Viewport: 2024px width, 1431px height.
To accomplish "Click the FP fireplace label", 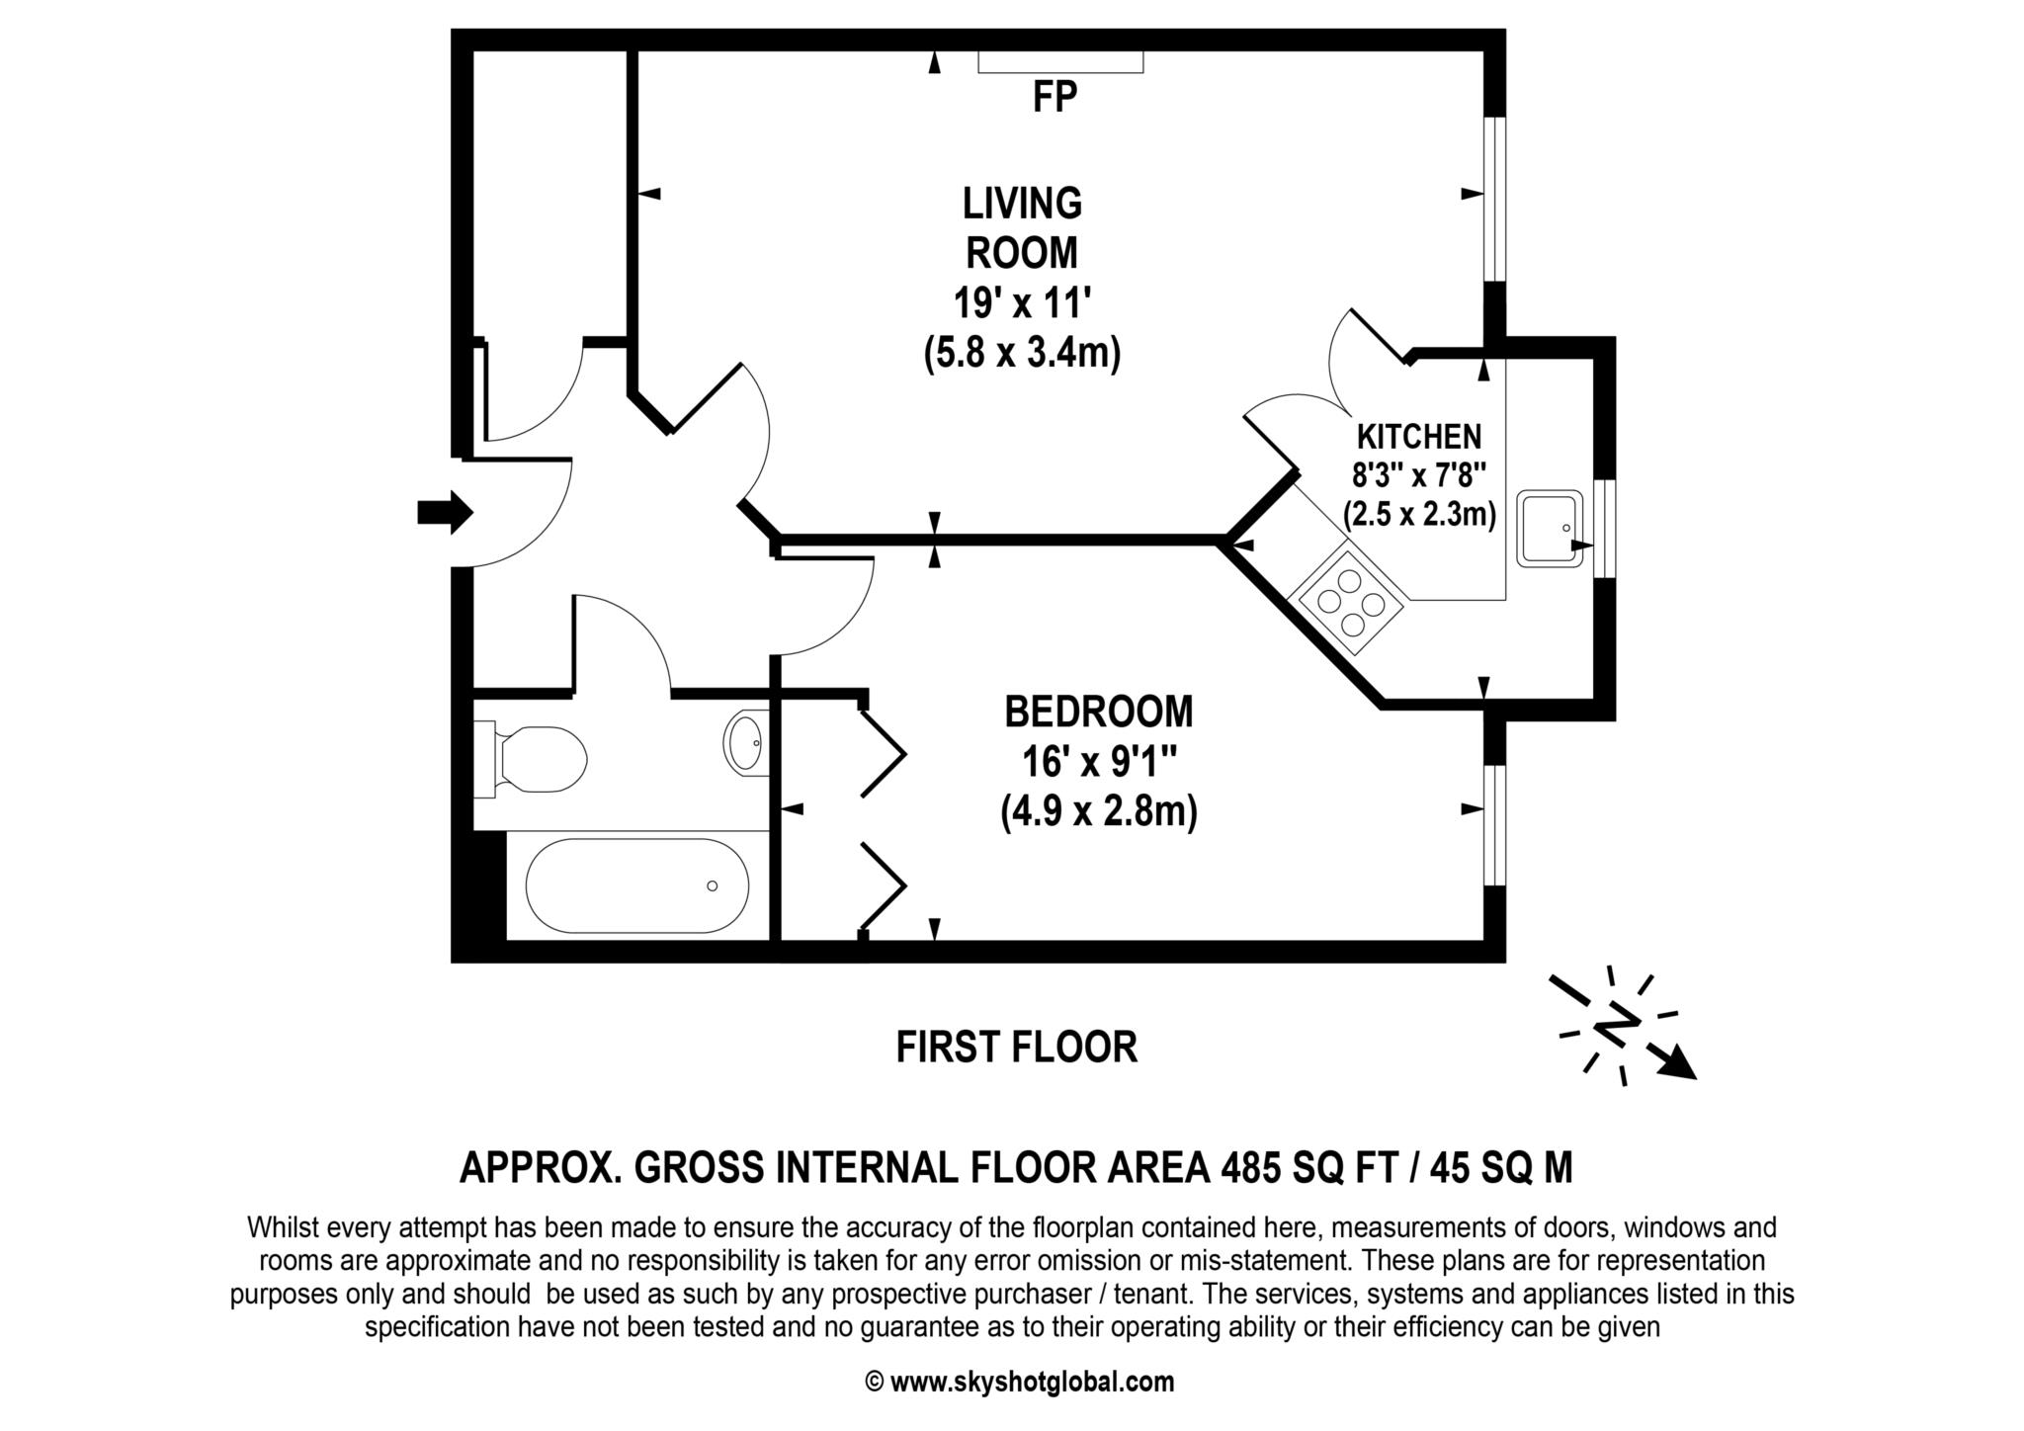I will click(1054, 98).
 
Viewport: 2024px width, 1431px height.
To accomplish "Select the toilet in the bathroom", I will click(534, 759).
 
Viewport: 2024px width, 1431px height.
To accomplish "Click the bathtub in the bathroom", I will click(636, 885).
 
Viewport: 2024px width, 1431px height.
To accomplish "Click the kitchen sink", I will click(1550, 529).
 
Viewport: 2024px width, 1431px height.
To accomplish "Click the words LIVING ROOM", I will click(1022, 227).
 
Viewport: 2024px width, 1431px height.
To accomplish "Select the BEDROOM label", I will click(1098, 712).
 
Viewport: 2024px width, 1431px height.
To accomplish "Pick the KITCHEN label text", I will click(1418, 436).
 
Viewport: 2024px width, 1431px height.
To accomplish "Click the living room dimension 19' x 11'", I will click(1021, 301).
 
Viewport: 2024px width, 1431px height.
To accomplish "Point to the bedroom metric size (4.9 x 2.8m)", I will click(1098, 812).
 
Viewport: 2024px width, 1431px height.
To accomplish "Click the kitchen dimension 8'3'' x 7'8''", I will click(1418, 475).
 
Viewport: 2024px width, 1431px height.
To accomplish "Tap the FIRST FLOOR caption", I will click(1016, 1048).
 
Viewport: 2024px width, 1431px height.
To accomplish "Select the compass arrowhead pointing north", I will click(1679, 1065).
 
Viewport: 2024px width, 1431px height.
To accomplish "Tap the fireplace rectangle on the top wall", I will click(1060, 62).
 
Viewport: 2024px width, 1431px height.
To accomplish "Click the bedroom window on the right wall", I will click(1494, 824).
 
